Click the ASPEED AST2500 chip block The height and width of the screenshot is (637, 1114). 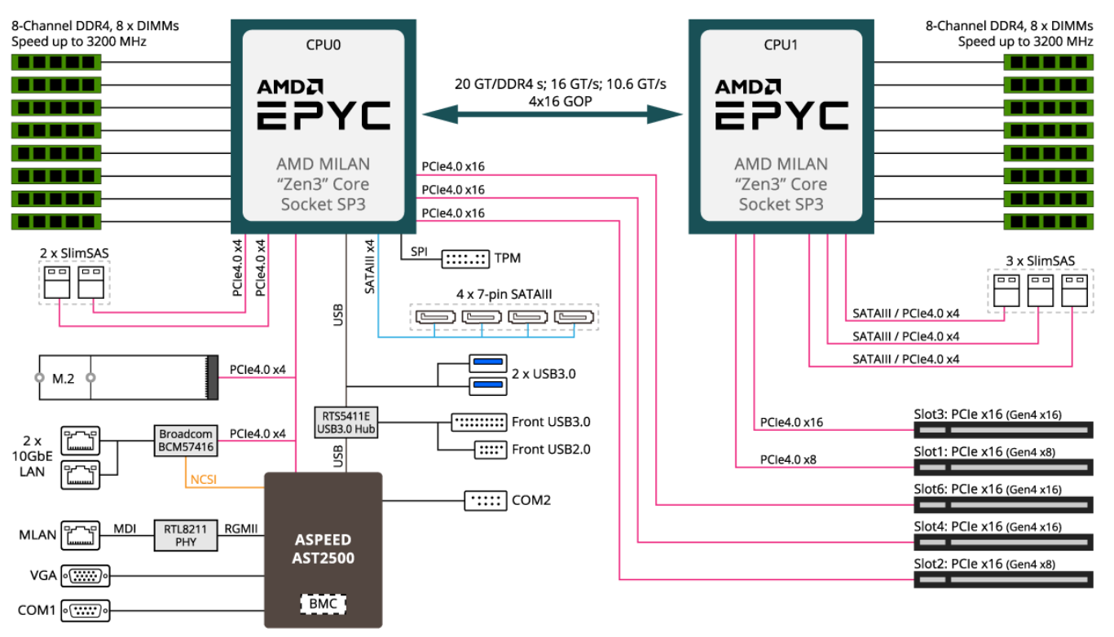(323, 550)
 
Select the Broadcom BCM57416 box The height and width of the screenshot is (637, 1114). (186, 441)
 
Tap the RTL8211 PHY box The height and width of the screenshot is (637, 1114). (186, 535)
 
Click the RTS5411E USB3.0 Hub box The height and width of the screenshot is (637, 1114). (346, 422)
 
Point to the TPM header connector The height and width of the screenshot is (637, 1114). (465, 259)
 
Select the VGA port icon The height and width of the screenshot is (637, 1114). (85, 576)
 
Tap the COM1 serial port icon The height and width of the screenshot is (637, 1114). (85, 609)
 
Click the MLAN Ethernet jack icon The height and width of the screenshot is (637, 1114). (81, 535)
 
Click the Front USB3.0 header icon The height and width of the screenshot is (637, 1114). (478, 423)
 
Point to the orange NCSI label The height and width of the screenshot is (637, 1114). (204, 480)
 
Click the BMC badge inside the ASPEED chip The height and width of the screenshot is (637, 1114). (323, 604)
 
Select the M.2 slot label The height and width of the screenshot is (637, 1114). (64, 378)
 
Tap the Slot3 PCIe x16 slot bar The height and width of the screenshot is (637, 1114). (1002, 429)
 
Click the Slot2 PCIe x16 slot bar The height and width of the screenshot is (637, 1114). (1002, 579)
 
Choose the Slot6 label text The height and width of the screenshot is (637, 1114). (930, 489)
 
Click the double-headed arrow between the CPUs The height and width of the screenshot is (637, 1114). (552, 115)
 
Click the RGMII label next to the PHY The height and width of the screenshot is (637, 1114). (241, 529)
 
